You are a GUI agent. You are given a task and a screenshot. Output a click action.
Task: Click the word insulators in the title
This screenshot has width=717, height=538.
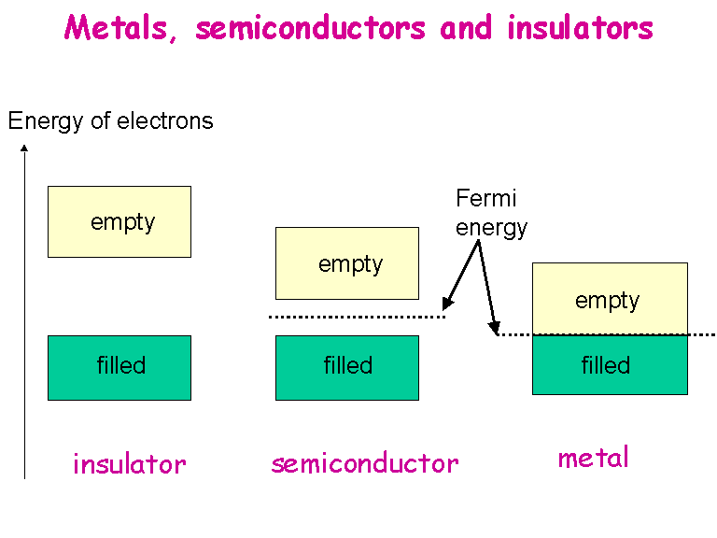pyautogui.click(x=580, y=28)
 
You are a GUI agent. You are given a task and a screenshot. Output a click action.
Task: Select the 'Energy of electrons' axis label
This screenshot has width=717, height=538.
pyautogui.click(x=110, y=120)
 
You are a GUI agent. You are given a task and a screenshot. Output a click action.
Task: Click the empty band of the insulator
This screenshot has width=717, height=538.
pyautogui.click(x=119, y=221)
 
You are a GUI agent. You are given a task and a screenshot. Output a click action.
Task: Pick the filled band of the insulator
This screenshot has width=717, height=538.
pyautogui.click(x=119, y=367)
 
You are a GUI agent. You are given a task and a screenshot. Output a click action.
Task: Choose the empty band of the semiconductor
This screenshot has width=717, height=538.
pyautogui.click(x=347, y=263)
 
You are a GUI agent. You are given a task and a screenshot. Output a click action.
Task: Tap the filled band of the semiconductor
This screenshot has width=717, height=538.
pyautogui.click(x=347, y=367)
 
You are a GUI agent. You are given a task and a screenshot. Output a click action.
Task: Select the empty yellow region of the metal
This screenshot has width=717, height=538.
pyautogui.click(x=610, y=299)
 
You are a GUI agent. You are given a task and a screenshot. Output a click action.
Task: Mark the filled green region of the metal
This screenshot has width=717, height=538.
pyautogui.click(x=610, y=364)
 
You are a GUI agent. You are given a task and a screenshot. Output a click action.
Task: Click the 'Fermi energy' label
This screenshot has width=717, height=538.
pyautogui.click(x=491, y=212)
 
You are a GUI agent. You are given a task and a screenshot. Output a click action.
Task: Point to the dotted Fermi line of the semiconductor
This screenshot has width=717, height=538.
pyautogui.click(x=355, y=317)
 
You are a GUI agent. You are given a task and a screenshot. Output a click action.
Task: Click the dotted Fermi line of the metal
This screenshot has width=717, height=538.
pyautogui.click(x=700, y=333)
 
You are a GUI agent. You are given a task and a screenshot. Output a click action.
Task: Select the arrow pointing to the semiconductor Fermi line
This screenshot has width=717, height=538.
pyautogui.click(x=461, y=276)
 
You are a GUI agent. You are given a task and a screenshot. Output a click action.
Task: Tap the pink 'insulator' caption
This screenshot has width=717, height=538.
pyautogui.click(x=129, y=463)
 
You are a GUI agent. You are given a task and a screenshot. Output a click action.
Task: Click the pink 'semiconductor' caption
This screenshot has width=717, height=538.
pyautogui.click(x=365, y=463)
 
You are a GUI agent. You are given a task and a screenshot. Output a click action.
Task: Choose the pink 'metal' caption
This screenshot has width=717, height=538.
pyautogui.click(x=594, y=458)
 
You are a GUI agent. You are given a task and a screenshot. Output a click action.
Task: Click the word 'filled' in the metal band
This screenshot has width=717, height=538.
pyautogui.click(x=606, y=364)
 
